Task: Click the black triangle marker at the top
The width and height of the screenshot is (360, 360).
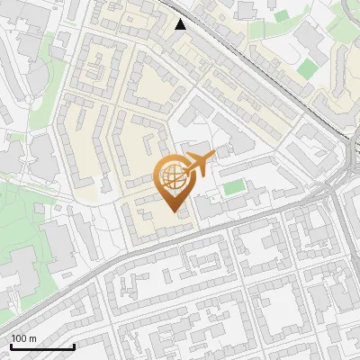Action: click(x=181, y=24)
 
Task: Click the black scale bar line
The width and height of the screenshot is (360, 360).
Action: click(x=42, y=346)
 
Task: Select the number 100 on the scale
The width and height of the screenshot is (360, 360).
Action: click(x=19, y=338)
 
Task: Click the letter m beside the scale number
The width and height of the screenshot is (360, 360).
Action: click(x=32, y=338)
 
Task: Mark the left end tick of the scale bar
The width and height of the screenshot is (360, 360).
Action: click(x=12, y=345)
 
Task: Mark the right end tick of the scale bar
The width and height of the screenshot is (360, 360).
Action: click(x=74, y=345)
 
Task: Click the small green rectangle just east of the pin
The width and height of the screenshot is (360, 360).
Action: click(x=234, y=187)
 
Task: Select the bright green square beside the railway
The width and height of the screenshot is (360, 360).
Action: click(x=309, y=68)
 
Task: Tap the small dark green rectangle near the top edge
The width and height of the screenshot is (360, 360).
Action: click(x=282, y=15)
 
